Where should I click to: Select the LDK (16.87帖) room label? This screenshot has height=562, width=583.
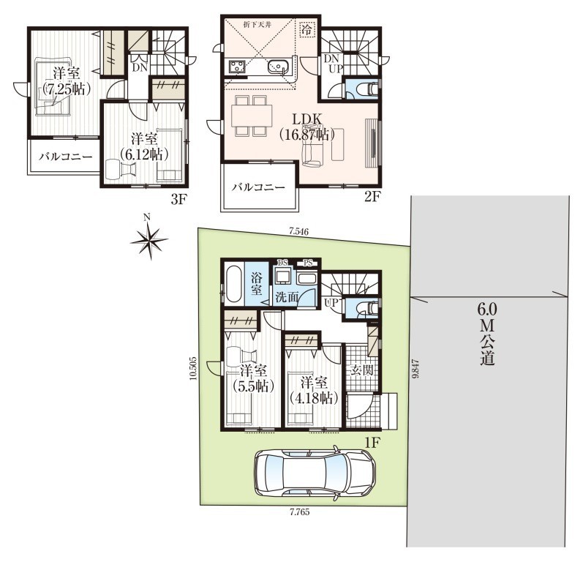pyautogui.click(x=307, y=127)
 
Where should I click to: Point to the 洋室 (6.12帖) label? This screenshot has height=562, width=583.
pyautogui.click(x=144, y=147)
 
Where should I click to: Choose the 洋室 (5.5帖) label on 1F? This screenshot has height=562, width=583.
pyautogui.click(x=253, y=378)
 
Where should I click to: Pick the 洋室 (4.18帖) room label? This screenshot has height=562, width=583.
pyautogui.click(x=314, y=391)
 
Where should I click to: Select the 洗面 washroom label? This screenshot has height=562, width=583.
pyautogui.click(x=287, y=297)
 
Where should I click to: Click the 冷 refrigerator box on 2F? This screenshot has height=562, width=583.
pyautogui.click(x=307, y=29)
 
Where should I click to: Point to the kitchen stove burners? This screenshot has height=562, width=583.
pyautogui.click(x=236, y=67)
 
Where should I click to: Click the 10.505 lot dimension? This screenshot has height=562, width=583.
pyautogui.click(x=192, y=369)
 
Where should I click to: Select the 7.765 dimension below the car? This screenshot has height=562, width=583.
pyautogui.click(x=299, y=512)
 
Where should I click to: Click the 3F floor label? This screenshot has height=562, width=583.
pyautogui.click(x=178, y=200)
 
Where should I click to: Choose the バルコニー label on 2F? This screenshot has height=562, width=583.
pyautogui.click(x=259, y=187)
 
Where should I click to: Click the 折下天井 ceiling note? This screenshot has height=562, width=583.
pyautogui.click(x=256, y=26)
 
